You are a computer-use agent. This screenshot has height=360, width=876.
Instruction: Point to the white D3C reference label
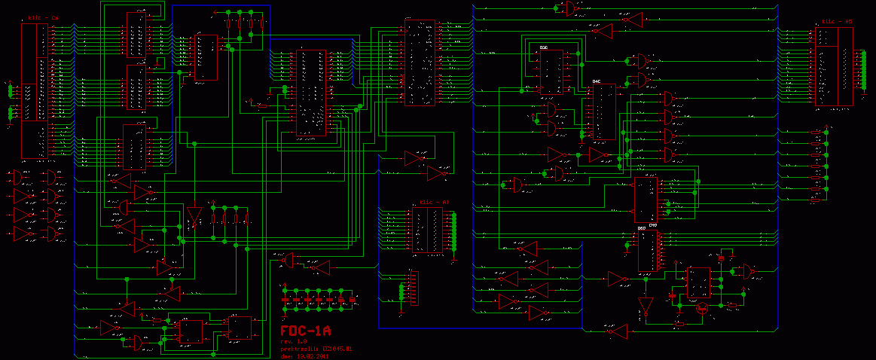(x=544, y=47)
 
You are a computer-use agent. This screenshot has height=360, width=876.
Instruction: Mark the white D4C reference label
(x=597, y=81)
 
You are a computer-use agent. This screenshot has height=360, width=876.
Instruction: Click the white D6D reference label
(x=642, y=228)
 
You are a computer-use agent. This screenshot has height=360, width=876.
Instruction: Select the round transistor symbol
(x=702, y=307)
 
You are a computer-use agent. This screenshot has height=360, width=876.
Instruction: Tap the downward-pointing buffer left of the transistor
(x=644, y=306)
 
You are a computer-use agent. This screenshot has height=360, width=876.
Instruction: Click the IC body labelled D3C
(x=549, y=72)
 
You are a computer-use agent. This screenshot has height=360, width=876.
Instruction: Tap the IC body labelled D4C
(x=603, y=111)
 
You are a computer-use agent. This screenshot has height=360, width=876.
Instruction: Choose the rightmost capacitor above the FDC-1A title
(x=352, y=300)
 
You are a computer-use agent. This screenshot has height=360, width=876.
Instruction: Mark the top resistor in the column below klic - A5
(x=816, y=133)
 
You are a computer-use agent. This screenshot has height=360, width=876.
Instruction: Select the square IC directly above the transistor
(x=697, y=281)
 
